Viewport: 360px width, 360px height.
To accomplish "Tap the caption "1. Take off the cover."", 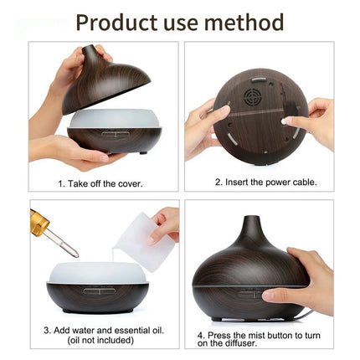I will pos(99,183).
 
